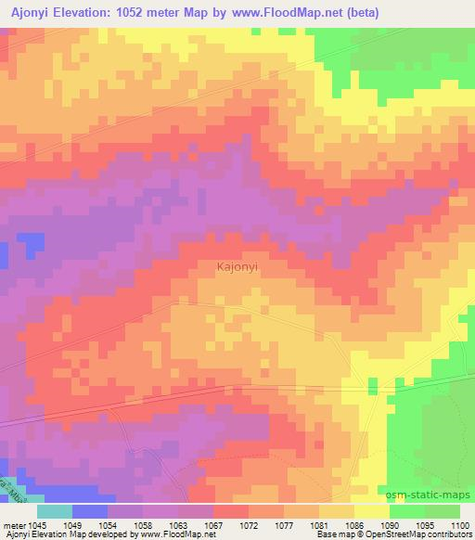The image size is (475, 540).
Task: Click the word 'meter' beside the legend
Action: [x=14, y=526]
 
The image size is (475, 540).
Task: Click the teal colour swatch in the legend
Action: [x=54, y=511]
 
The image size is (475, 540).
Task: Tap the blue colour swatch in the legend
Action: [x=90, y=511]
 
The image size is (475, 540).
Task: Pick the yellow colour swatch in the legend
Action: [x=371, y=511]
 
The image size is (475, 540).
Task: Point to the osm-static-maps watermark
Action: [x=430, y=495]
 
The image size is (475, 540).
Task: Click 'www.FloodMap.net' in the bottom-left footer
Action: [x=177, y=535]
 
